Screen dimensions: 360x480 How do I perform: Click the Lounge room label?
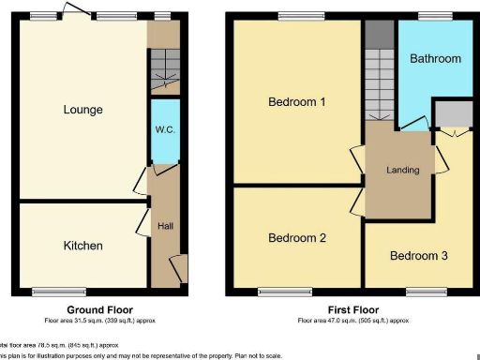click(83, 110)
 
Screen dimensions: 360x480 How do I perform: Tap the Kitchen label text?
click(82, 246)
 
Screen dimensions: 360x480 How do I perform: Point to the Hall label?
click(165, 226)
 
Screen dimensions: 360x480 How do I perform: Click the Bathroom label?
click(435, 58)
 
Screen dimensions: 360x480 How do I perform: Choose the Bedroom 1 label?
click(296, 101)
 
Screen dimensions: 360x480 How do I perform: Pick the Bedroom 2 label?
click(296, 238)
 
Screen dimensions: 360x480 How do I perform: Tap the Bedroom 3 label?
click(419, 256)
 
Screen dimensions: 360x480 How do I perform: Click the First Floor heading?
click(353, 309)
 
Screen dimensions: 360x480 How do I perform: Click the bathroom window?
click(435, 16)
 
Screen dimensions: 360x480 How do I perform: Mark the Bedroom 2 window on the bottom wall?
click(285, 292)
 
